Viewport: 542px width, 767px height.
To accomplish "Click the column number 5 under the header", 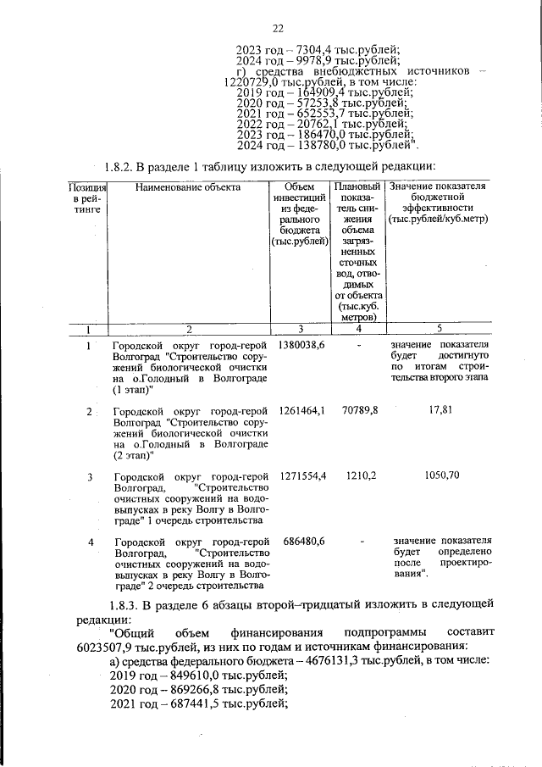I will (439, 330).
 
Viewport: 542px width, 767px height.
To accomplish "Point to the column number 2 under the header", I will (189, 330).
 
